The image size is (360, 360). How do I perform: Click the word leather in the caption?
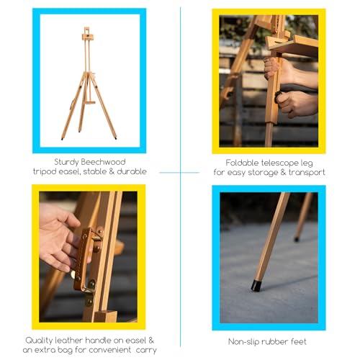click(69, 341)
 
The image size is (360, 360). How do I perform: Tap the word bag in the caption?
click(66, 350)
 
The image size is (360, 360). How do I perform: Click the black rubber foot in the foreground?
click(256, 286)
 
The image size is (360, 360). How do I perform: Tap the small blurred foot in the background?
click(297, 239)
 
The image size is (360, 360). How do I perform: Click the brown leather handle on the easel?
click(82, 259)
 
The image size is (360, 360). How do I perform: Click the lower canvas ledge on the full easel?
click(91, 103)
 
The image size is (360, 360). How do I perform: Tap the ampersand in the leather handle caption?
click(150, 341)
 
